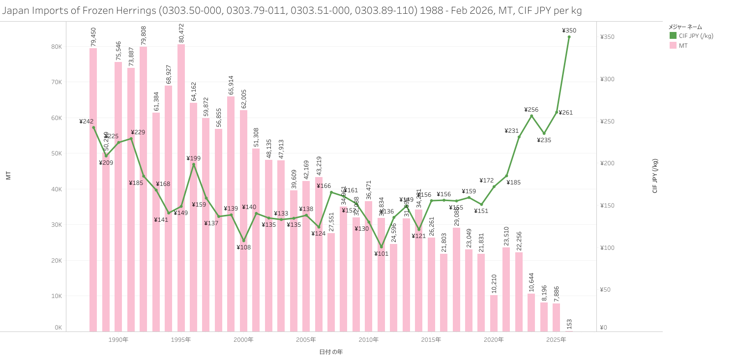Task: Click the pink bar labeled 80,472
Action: pyautogui.click(x=181, y=187)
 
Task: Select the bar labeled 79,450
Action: pyautogui.click(x=93, y=189)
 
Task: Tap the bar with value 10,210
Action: pyautogui.click(x=494, y=313)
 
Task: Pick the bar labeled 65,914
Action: pyautogui.click(x=231, y=213)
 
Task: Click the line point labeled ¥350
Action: pyautogui.click(x=569, y=37)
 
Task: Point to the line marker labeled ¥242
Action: pyautogui.click(x=93, y=127)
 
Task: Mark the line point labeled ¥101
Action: pyautogui.click(x=381, y=247)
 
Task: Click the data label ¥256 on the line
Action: pyautogui.click(x=531, y=110)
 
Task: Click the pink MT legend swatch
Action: pyautogui.click(x=673, y=46)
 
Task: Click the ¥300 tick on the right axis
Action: pyautogui.click(x=607, y=79)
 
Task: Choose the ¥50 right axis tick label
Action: pyautogui.click(x=606, y=290)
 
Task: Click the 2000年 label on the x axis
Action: pyautogui.click(x=243, y=340)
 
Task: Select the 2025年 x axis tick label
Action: pyautogui.click(x=556, y=340)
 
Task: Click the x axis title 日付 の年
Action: pyautogui.click(x=331, y=352)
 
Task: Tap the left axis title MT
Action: pyautogui.click(x=8, y=176)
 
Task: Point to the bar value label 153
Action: pyautogui.click(x=569, y=324)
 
